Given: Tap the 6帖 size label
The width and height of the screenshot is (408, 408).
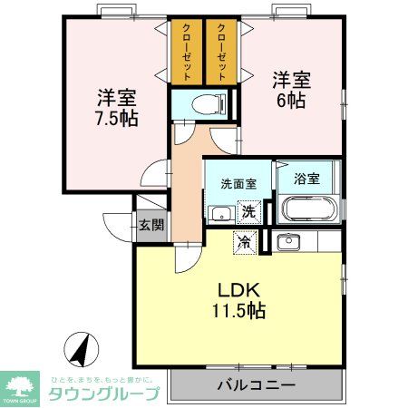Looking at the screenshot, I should (291, 100).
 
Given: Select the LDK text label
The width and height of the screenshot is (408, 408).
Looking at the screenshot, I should (239, 290).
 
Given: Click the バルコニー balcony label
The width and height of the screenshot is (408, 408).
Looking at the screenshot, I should (256, 385).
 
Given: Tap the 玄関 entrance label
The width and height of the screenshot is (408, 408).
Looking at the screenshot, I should (151, 224).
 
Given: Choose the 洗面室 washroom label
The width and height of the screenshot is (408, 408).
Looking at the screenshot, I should (238, 183).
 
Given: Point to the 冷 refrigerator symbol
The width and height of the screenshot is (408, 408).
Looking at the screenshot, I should (243, 241).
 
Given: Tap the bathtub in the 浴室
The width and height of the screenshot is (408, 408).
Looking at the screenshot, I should (309, 209).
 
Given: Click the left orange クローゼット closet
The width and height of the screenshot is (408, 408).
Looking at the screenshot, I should (186, 53).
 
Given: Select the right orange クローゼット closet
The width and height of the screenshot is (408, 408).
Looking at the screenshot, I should (221, 53).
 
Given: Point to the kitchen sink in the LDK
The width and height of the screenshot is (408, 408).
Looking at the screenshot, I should (288, 242).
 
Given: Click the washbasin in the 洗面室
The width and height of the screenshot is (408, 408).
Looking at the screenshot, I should (218, 214).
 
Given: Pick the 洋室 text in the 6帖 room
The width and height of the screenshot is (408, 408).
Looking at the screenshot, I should (291, 80).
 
